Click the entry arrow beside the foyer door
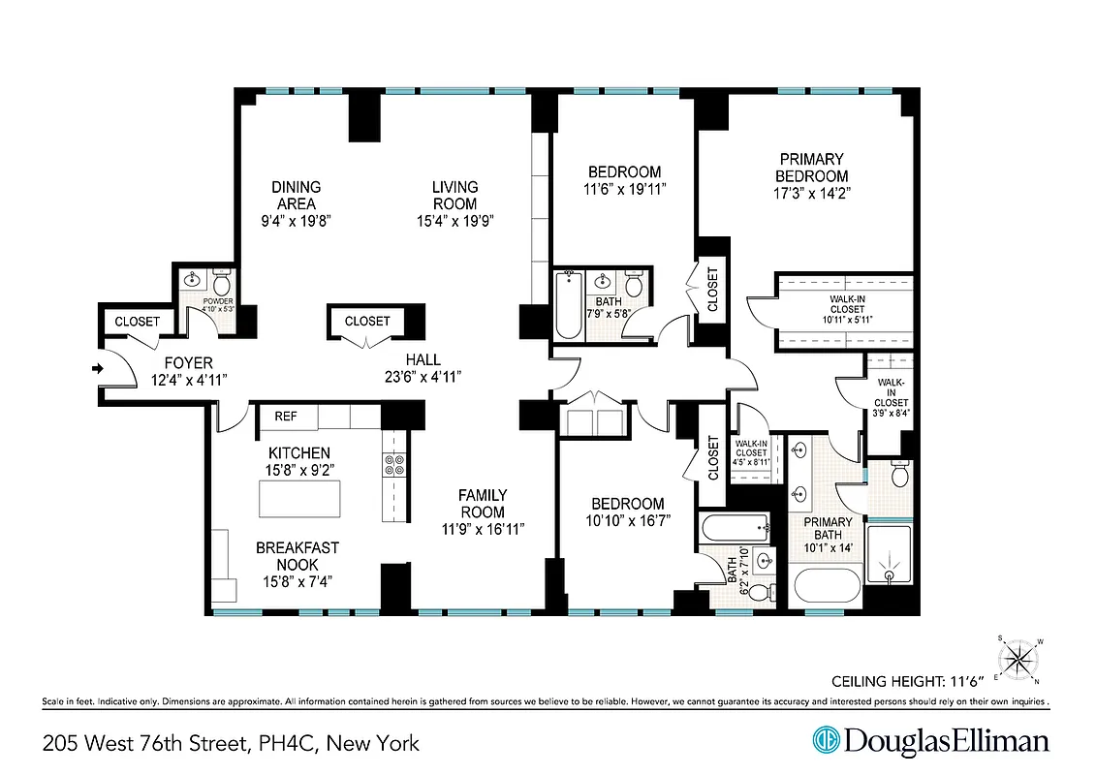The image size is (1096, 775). coord(96,368)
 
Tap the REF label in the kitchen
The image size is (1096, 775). coord(285,417)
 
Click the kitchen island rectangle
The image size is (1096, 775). coord(299,499)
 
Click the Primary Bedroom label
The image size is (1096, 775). coord(811,168)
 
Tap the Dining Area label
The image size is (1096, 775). coord(296,195)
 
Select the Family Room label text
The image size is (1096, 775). coord(482,504)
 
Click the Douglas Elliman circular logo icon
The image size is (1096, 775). coord(826,741)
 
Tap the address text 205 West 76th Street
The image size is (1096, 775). coord(146,744)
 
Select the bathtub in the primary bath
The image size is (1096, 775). coord(827,587)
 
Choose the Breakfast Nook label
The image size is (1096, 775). coord(297,556)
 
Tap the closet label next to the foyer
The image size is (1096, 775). coord(137,322)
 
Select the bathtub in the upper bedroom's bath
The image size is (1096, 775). coord(568,305)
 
